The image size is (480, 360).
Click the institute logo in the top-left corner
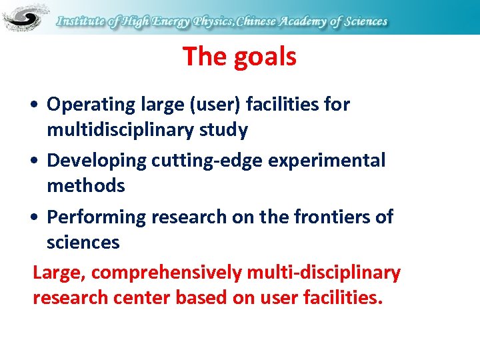25,17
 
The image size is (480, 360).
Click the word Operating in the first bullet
91,105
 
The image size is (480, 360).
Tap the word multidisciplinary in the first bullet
122,130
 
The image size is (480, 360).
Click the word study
225,130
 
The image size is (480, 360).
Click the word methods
85,186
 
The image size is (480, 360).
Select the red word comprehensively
167,273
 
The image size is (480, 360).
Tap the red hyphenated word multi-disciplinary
323,273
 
